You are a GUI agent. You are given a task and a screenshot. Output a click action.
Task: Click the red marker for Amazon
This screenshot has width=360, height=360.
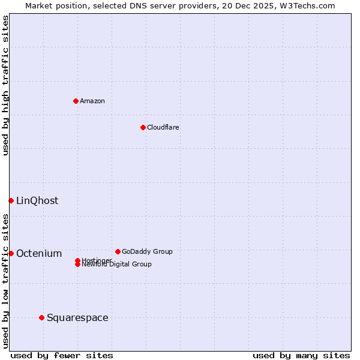click(x=76, y=101)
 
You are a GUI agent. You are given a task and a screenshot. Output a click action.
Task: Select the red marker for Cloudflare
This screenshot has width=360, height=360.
click(x=143, y=127)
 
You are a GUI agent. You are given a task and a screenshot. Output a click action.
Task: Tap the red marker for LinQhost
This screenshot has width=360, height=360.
click(x=11, y=200)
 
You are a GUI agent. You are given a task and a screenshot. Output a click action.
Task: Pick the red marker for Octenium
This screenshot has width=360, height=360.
click(x=11, y=253)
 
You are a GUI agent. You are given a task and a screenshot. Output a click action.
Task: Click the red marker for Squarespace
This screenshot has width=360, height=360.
click(x=41, y=317)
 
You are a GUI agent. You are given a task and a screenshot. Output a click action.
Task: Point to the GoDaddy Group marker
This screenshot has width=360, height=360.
click(x=118, y=251)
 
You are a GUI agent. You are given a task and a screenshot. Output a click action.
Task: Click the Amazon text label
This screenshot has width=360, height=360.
click(x=92, y=101)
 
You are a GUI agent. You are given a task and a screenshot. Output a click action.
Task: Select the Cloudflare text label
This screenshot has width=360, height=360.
click(x=163, y=127)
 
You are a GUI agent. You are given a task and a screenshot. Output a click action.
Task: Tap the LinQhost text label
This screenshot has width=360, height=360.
click(x=37, y=200)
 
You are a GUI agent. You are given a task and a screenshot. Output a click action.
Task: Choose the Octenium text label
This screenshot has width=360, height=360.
click(x=39, y=253)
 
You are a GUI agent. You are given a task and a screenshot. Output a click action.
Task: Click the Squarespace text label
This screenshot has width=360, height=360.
click(x=77, y=317)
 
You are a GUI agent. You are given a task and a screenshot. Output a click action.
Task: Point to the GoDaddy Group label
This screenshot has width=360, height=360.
click(x=147, y=251)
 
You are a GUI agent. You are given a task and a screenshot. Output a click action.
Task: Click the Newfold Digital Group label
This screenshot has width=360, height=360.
click(x=117, y=265)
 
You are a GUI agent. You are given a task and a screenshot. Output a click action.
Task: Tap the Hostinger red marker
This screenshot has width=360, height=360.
click(x=77, y=260)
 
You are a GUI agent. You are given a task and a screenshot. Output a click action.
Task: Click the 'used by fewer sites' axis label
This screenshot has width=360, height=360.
click(x=62, y=355)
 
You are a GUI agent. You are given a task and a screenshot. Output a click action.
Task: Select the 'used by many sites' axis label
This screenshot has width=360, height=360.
click(x=301, y=355)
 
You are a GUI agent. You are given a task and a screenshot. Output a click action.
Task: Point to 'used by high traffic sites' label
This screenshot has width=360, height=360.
click(x=5, y=85)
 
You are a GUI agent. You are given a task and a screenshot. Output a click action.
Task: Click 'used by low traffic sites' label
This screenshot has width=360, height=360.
click(x=5, y=280)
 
